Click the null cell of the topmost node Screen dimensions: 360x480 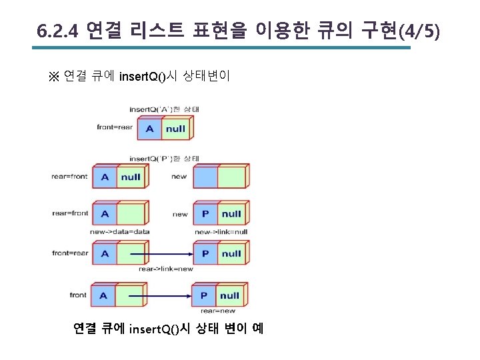175,128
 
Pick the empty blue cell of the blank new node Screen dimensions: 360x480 205,176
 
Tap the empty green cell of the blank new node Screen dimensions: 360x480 231,176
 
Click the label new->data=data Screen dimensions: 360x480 120,231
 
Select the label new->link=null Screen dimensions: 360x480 222,231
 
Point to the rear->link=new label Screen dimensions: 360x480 166,269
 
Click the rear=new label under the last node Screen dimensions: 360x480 218,311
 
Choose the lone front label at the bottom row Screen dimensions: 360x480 78,295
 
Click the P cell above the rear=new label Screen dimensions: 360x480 205,295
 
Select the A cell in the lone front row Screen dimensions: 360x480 103,295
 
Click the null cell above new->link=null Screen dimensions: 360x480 231,214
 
